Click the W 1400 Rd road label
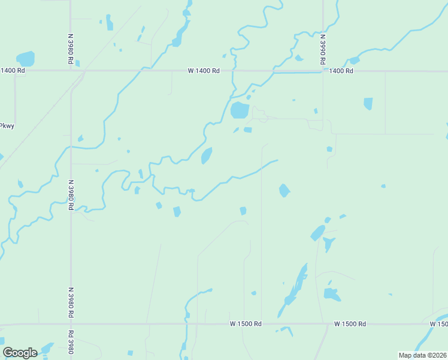[x=204, y=71]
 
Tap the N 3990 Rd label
[x=322, y=49]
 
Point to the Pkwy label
[x=7, y=126]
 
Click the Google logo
[x=20, y=352]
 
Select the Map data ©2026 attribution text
[x=422, y=355]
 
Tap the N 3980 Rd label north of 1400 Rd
[x=71, y=49]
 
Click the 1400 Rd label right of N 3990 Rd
[x=341, y=71]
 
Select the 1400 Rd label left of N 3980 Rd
[x=13, y=71]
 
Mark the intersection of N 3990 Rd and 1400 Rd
[x=323, y=71]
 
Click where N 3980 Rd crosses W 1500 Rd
[x=71, y=325]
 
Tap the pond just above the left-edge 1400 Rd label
[x=26, y=59]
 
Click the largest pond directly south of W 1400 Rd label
[x=240, y=110]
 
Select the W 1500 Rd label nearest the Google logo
[x=246, y=324]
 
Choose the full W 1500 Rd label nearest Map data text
[x=350, y=324]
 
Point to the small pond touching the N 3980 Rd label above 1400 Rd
[x=77, y=63]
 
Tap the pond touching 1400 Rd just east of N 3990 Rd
[x=354, y=61]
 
